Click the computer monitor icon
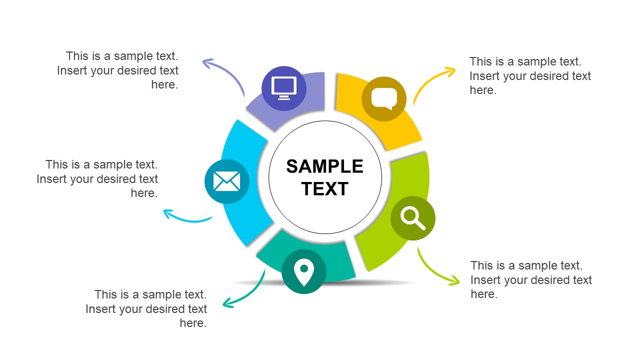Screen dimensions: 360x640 click(284, 88)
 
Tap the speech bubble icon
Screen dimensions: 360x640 click(384, 98)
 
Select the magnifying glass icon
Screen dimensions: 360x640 click(413, 218)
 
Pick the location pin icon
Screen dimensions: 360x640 click(303, 272)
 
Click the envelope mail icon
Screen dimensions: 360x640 click(226, 181)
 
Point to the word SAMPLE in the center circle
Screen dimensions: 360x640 click(325, 166)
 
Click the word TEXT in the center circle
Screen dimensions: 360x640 click(325, 189)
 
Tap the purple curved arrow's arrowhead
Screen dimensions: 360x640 click(206, 62)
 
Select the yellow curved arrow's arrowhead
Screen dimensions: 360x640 click(451, 71)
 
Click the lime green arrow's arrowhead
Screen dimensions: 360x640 click(455, 281)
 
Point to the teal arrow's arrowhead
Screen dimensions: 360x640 click(226, 302)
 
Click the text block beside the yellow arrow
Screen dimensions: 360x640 click(530, 76)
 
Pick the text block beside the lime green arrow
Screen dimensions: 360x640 click(531, 280)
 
